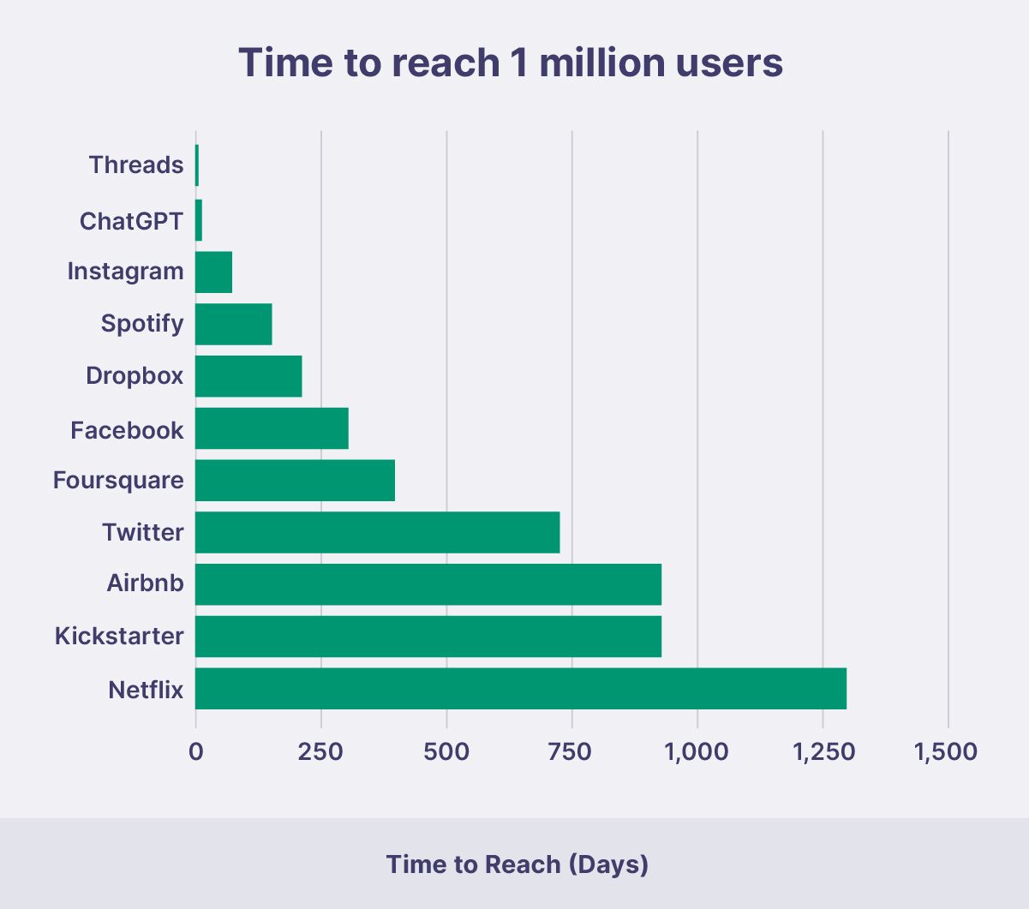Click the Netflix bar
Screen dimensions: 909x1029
521,689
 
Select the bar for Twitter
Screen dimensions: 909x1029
378,532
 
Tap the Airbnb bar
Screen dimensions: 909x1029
428,584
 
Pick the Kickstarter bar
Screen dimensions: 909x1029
428,637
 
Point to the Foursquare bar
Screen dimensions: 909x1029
296,480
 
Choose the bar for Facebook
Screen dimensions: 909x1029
272,428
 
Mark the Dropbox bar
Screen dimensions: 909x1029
249,376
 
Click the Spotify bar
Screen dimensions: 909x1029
234,324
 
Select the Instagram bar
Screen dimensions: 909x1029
214,272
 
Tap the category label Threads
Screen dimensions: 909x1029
136,164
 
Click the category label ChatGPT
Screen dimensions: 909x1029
131,221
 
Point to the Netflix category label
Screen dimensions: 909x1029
146,690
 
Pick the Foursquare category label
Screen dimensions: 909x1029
118,480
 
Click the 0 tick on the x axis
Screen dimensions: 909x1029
196,752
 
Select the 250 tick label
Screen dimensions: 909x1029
321,752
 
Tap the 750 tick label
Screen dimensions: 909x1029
571,752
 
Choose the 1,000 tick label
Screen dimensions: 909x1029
696,752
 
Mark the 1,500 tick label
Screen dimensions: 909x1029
946,752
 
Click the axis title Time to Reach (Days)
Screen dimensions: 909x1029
517,864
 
